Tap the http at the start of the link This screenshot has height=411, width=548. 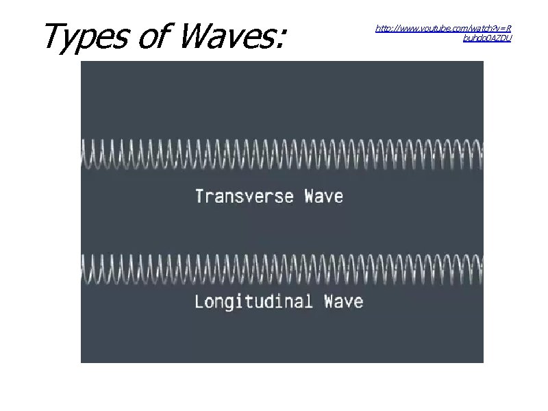pos(383,29)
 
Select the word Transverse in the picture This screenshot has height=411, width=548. pos(245,197)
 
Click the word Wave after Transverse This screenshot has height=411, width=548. pos(323,197)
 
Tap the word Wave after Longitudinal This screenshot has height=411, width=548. pos(343,301)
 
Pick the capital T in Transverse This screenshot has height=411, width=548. pos(200,197)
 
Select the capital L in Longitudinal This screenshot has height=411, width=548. pos(199,301)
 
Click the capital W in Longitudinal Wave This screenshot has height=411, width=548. pos(330,301)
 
